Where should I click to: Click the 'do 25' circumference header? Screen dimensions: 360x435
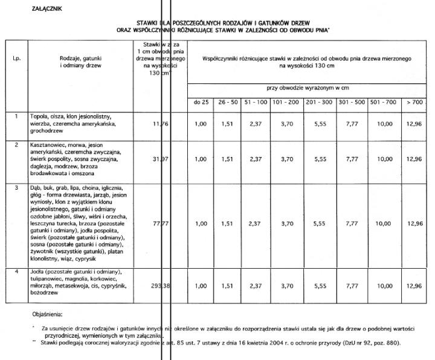pos(201,102)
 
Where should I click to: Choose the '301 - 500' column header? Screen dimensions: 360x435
pos(350,102)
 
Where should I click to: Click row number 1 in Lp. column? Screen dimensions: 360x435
pos(16,115)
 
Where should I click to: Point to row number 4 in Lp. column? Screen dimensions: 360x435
pos(16,272)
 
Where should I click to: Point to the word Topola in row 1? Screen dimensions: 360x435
pos(40,115)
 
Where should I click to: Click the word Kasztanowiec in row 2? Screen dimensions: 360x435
pos(48,146)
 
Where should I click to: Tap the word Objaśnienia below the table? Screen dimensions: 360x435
pos(51,314)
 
